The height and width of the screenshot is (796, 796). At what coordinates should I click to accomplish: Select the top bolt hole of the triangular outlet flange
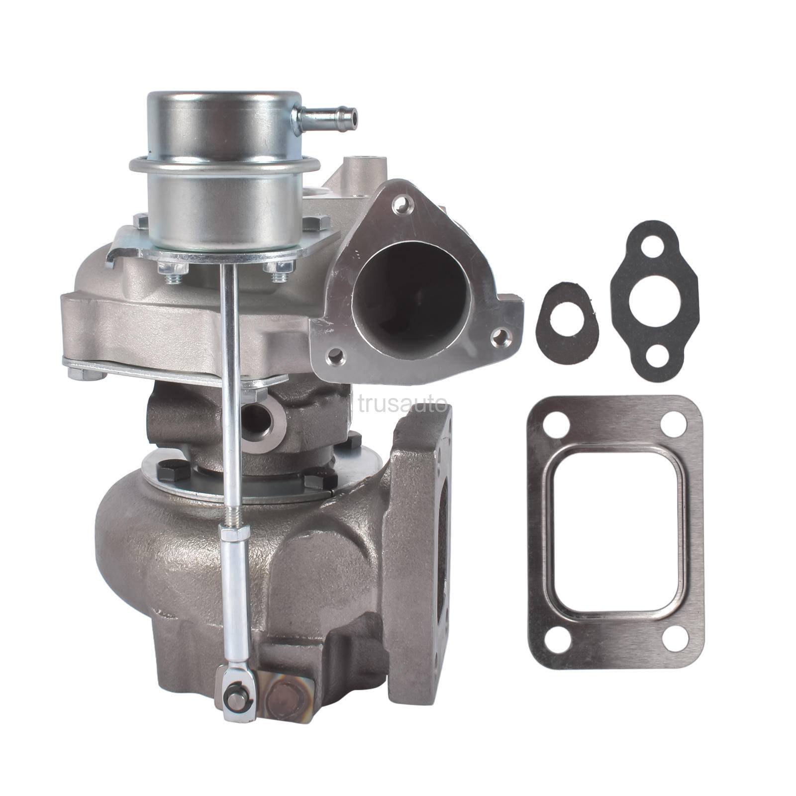[x=401, y=204]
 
